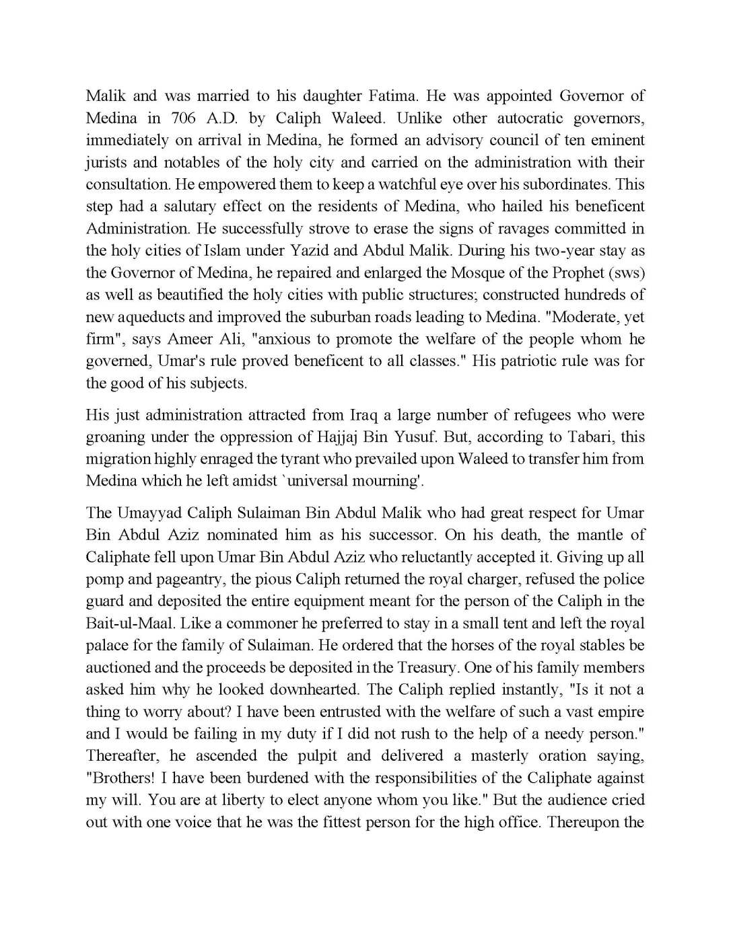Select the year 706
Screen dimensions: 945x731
point(184,118)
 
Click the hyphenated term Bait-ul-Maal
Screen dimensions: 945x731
point(127,623)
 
